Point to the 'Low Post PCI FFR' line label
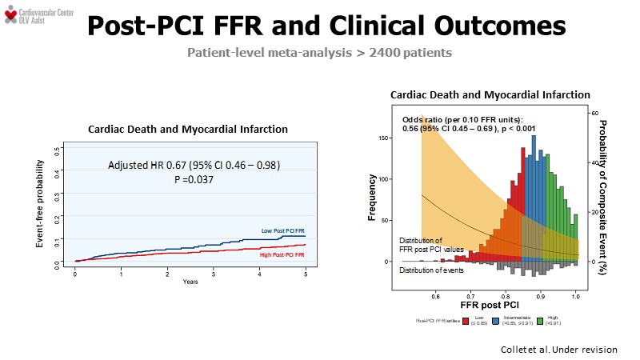coord(282,230)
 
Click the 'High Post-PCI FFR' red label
coord(282,254)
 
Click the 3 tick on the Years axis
coord(214,274)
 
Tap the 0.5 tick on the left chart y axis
coord(56,149)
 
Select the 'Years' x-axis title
coord(190,282)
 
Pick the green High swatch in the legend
coord(541,320)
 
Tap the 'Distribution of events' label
coord(432,270)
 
